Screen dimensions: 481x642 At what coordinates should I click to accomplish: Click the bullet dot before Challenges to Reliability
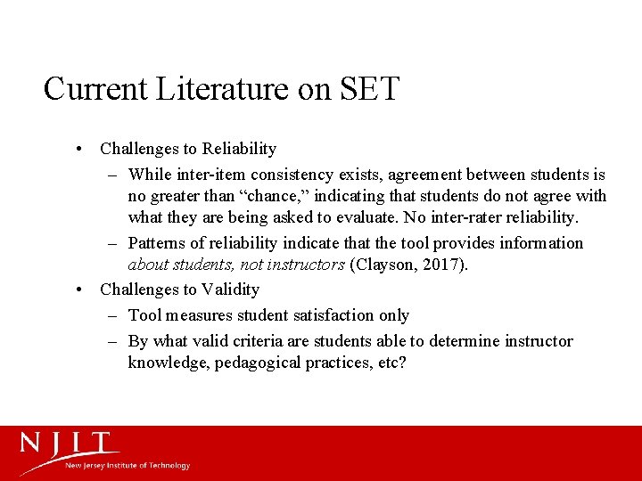(x=80, y=149)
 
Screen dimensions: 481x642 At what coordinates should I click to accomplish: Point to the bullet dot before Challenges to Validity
(x=80, y=289)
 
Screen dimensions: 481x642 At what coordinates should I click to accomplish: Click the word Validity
(x=230, y=289)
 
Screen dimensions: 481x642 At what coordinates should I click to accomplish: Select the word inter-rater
(x=462, y=217)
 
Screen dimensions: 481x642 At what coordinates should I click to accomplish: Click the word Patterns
(x=158, y=243)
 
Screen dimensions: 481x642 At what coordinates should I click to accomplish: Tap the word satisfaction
(x=318, y=315)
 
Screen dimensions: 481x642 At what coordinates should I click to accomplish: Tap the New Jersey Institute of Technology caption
(x=127, y=466)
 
